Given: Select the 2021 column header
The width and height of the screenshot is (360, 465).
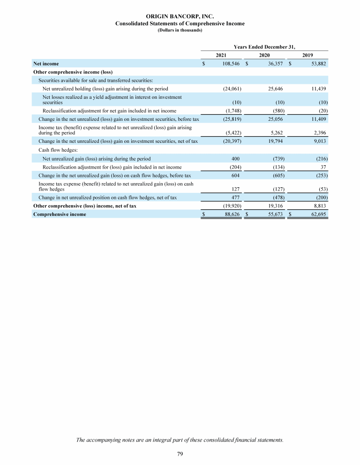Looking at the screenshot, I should (221, 55).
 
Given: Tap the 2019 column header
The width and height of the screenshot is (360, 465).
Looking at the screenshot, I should (307, 55).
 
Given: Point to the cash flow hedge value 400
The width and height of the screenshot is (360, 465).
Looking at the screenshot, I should (237, 159).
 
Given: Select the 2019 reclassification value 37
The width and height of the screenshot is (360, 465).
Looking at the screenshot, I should (323, 167).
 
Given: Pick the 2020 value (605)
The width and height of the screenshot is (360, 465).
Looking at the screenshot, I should (277, 176).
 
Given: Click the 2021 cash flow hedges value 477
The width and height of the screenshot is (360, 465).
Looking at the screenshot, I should (237, 198).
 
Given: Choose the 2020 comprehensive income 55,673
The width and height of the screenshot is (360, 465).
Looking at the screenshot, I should (275, 214).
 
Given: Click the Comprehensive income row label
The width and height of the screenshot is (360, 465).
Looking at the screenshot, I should (60, 214).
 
